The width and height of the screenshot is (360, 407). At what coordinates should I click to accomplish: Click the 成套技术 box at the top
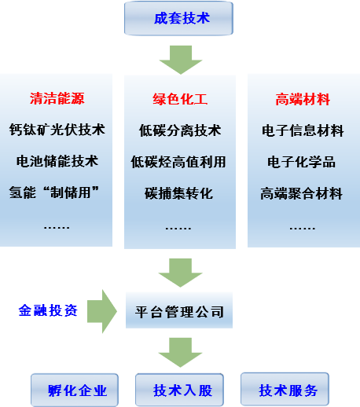(178, 18)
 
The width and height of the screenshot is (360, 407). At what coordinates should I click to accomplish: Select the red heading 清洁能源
(57, 98)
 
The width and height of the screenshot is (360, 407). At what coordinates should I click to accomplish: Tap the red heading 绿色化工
(180, 99)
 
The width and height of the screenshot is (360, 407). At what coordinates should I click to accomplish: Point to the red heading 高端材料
(303, 100)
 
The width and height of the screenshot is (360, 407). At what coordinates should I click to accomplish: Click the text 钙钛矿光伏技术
(57, 130)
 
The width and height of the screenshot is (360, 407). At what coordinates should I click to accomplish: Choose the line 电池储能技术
(57, 161)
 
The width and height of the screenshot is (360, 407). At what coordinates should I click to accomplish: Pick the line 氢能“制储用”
(54, 192)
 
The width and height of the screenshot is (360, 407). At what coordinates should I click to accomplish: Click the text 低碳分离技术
(180, 130)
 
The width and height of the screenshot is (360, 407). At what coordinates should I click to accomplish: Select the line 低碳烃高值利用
(178, 162)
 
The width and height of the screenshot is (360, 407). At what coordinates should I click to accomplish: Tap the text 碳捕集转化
(178, 193)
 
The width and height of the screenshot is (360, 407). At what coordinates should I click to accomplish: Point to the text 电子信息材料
(303, 130)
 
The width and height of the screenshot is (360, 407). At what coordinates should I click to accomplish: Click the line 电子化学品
(301, 162)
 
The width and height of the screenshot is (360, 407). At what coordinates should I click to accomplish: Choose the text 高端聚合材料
(301, 194)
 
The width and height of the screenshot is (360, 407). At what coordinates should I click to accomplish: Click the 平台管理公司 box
(179, 310)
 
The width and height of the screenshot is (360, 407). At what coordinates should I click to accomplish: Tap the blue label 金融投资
(48, 310)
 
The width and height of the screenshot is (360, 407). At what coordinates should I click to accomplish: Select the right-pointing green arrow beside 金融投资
(102, 311)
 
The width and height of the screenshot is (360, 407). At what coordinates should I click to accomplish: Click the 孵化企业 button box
(75, 390)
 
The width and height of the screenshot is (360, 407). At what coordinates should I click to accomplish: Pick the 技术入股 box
(179, 390)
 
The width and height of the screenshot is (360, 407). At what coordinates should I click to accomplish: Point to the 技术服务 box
(285, 389)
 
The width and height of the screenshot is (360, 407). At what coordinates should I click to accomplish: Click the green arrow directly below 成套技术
(181, 60)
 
